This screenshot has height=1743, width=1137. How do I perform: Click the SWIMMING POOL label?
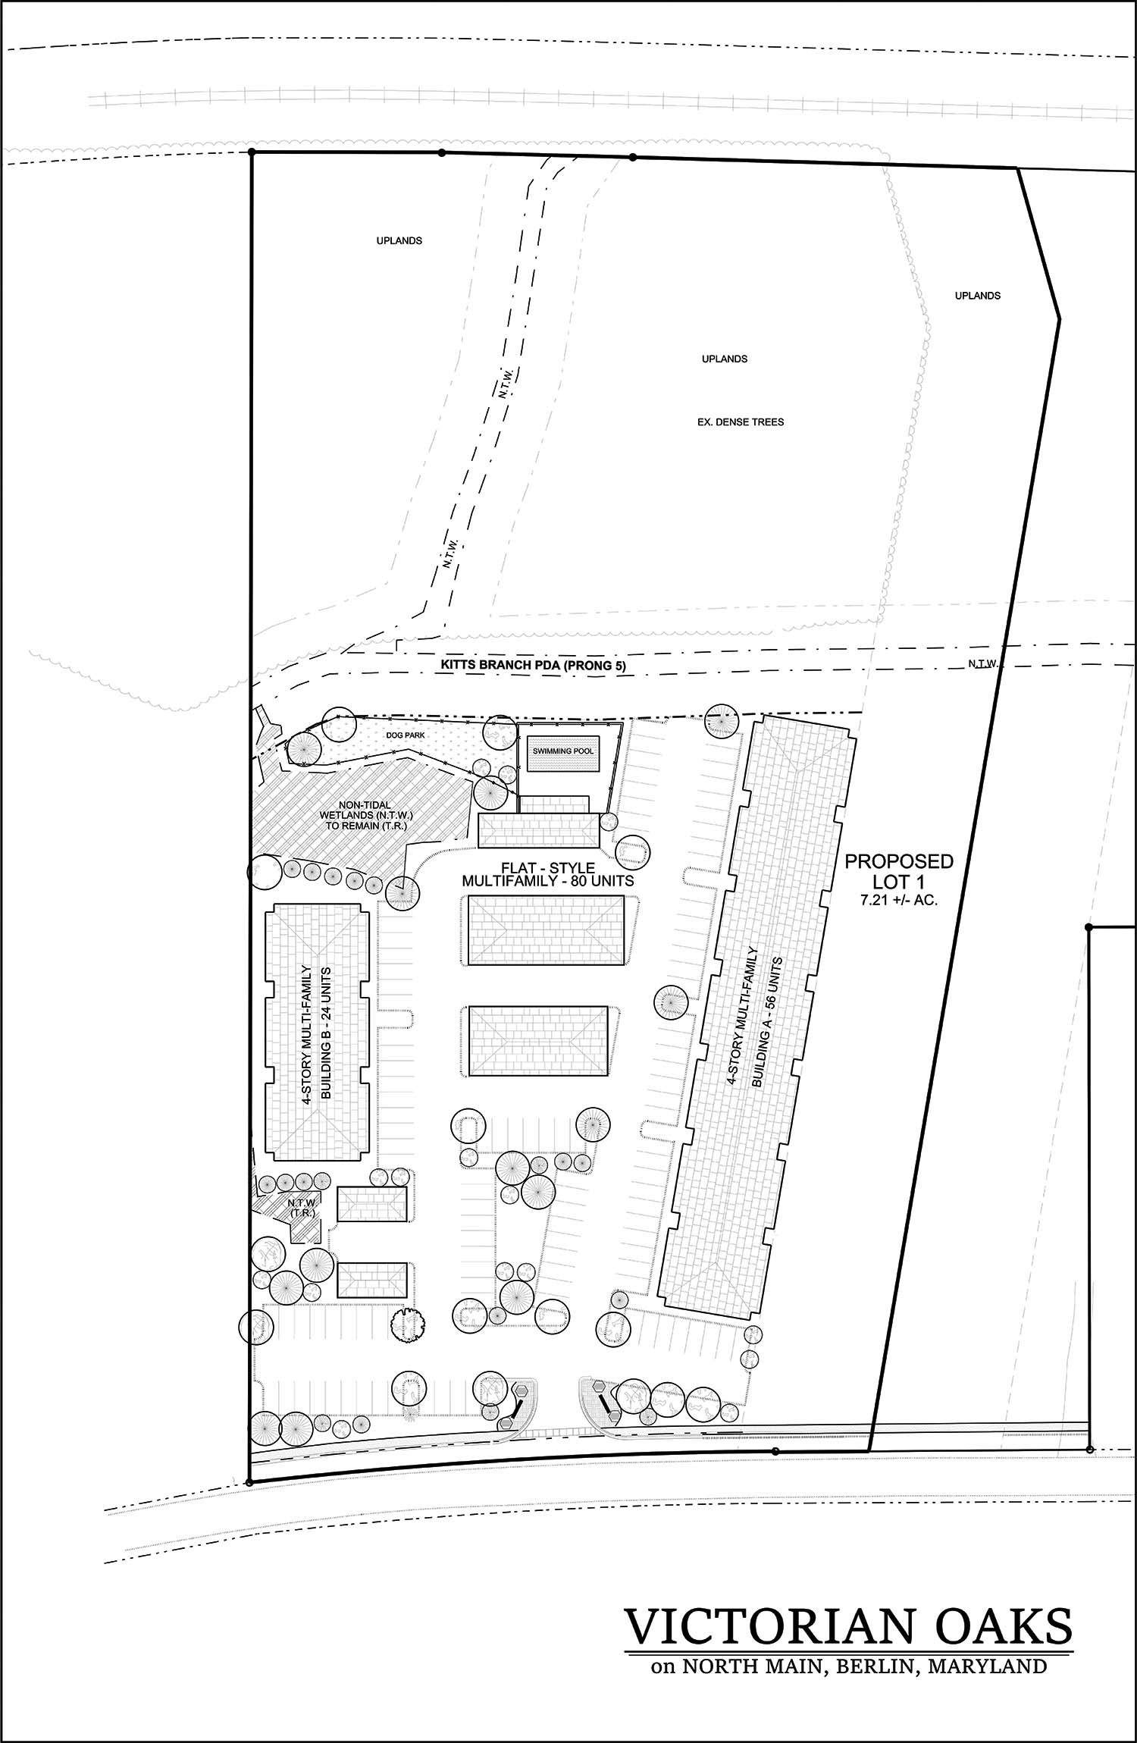click(563, 751)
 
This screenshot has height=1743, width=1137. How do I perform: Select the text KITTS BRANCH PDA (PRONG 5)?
click(534, 666)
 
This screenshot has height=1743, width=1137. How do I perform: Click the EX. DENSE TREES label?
click(741, 422)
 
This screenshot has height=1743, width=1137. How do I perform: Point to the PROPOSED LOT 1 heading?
click(899, 872)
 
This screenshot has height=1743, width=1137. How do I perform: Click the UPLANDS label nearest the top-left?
click(399, 240)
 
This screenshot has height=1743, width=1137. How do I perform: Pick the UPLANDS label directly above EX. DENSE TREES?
click(725, 359)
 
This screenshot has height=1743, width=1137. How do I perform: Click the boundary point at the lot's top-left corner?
click(252, 152)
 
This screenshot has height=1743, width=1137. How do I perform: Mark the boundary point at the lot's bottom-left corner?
click(249, 1481)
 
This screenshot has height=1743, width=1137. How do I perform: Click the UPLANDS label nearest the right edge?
click(977, 296)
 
